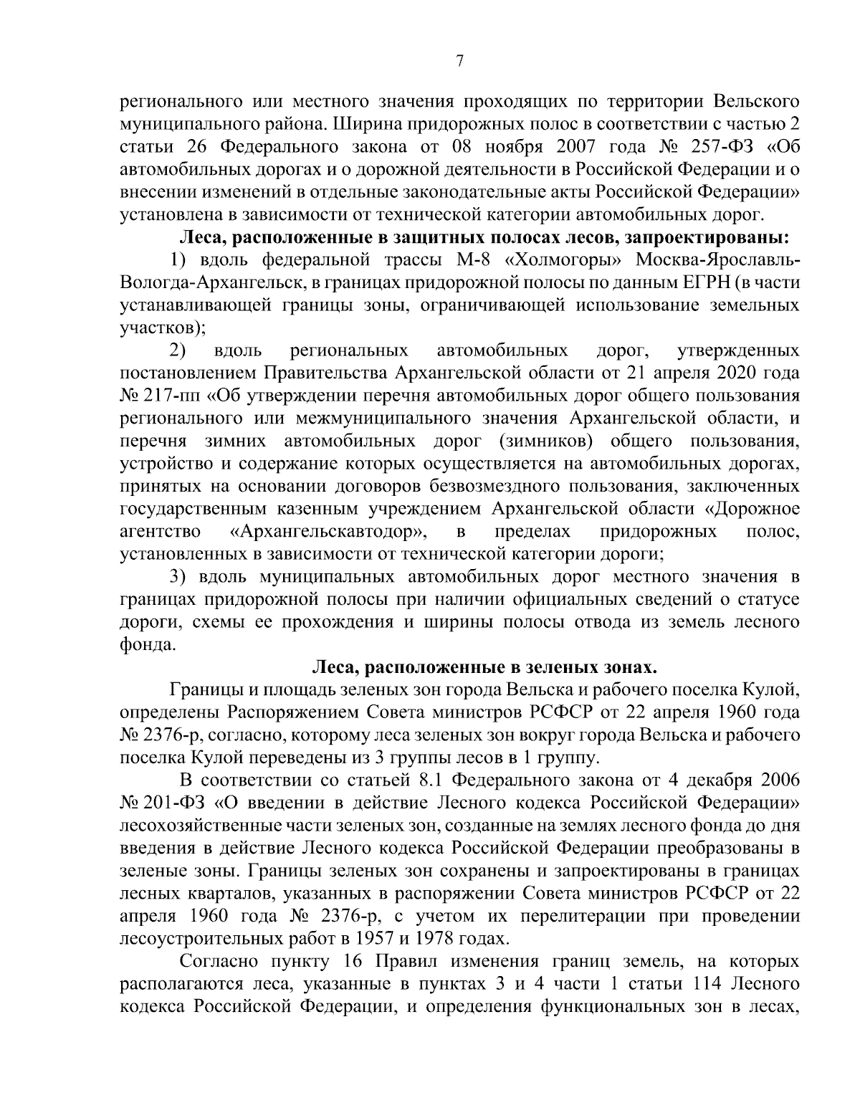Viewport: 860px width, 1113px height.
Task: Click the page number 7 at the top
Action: (x=459, y=62)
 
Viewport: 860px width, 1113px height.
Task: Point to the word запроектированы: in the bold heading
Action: (x=708, y=236)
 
